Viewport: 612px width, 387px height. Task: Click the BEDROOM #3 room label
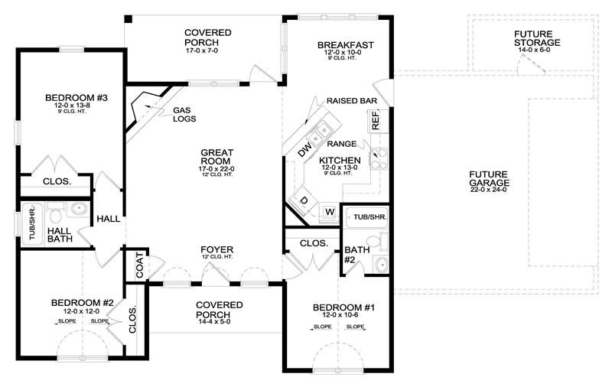pyautogui.click(x=70, y=97)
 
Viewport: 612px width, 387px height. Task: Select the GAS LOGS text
pyautogui.click(x=184, y=114)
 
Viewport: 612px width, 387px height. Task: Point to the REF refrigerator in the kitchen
pyautogui.click(x=376, y=119)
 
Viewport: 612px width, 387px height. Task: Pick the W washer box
pyautogui.click(x=330, y=211)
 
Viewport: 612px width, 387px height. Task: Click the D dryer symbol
pyautogui.click(x=303, y=201)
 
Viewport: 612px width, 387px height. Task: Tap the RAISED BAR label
pyautogui.click(x=350, y=101)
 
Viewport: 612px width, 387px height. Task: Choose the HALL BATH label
pyautogui.click(x=60, y=235)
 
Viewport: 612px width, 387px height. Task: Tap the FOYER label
pyautogui.click(x=217, y=250)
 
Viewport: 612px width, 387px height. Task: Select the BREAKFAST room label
pyautogui.click(x=346, y=45)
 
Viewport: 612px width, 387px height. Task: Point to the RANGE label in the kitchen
pyautogui.click(x=340, y=143)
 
